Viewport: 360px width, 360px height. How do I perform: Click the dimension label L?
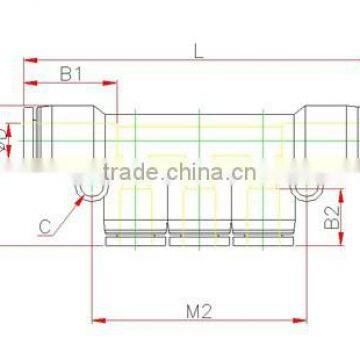[198, 52]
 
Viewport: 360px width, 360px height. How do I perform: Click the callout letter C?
[46, 227]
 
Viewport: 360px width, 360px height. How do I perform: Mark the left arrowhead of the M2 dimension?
[96, 322]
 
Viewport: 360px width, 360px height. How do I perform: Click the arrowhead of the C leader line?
[83, 198]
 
